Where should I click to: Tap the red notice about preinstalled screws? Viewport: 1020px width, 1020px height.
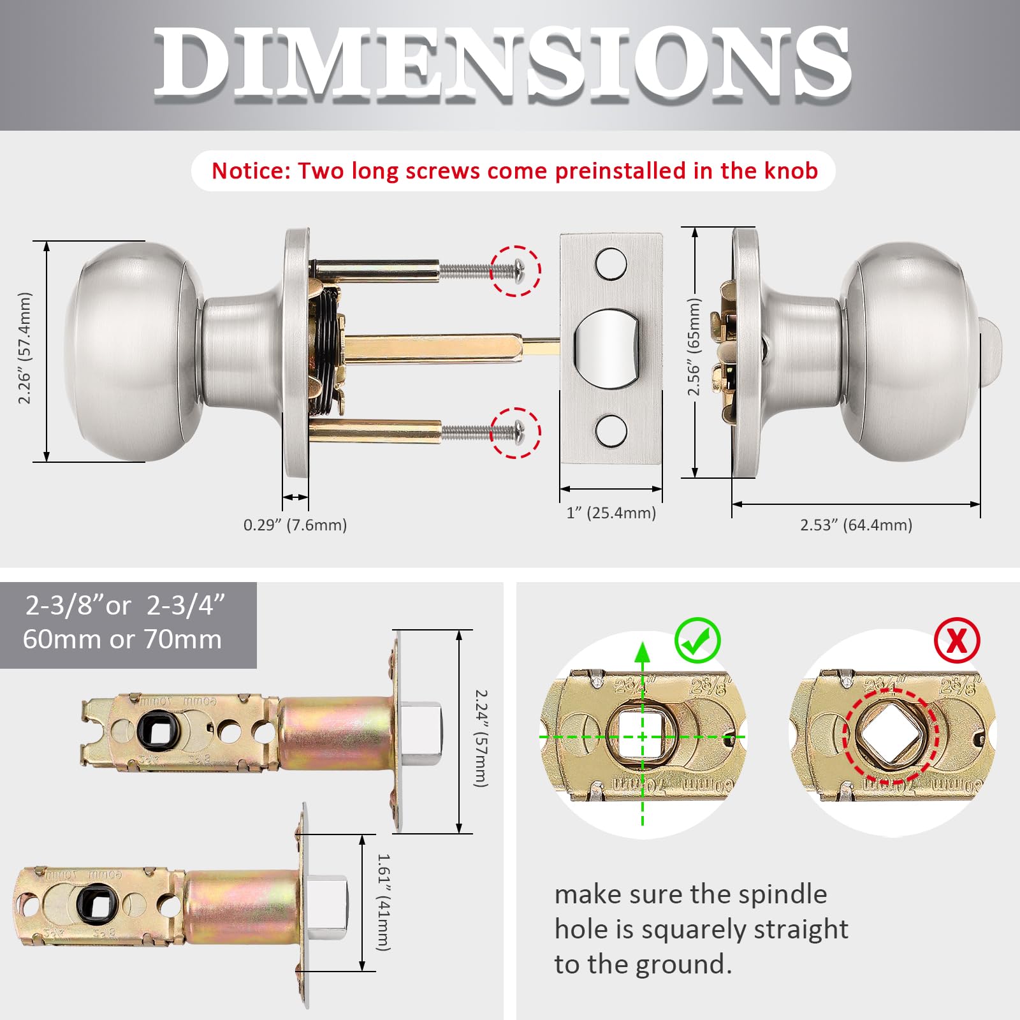pos(514,171)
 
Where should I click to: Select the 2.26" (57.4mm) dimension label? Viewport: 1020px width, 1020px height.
pos(24,348)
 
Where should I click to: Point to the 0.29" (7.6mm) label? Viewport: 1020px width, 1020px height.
pos(295,525)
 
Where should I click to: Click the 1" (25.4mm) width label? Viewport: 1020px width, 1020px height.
pos(611,513)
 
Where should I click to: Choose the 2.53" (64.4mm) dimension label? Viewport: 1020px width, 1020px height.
pos(856,525)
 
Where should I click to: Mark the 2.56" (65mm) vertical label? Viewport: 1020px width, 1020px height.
pos(694,347)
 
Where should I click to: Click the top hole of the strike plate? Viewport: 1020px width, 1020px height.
pos(611,264)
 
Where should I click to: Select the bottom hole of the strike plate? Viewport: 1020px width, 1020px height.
pos(611,430)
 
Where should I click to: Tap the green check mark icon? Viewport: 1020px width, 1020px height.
pos(697,641)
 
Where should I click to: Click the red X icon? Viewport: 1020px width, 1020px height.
pos(956,640)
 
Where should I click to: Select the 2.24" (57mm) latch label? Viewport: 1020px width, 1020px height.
pos(481,738)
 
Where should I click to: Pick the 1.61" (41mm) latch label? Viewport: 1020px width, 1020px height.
pos(383,902)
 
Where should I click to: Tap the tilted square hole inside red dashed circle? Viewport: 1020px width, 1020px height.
pos(891,735)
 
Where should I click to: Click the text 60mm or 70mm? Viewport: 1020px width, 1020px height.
pos(122,639)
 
